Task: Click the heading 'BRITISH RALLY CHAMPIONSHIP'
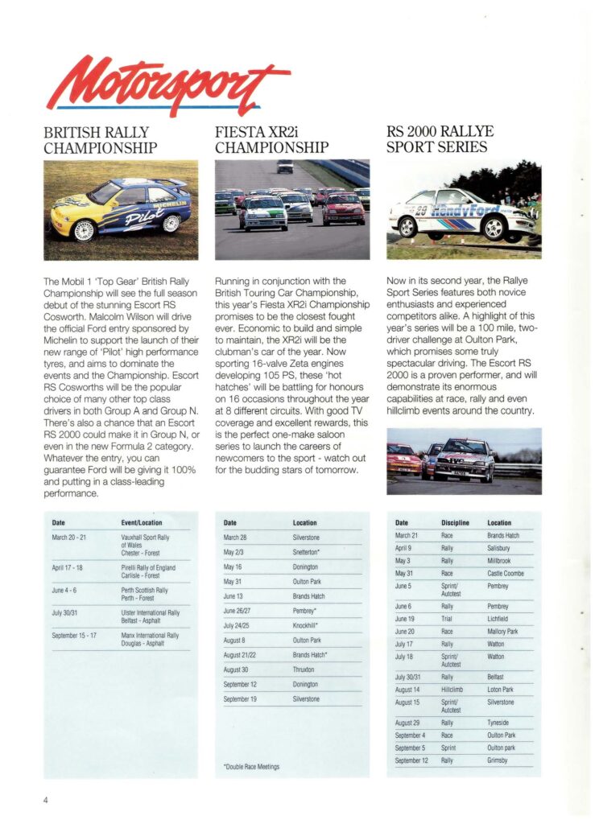(x=101, y=139)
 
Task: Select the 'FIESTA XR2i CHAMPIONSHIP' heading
(x=272, y=139)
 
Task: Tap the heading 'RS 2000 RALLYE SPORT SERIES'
(x=440, y=139)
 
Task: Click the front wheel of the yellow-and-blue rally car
(x=85, y=230)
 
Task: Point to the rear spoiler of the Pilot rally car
(x=171, y=184)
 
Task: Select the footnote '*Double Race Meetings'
(x=250, y=767)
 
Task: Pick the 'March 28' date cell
(x=235, y=537)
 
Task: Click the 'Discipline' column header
(x=455, y=523)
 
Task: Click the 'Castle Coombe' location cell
(x=506, y=573)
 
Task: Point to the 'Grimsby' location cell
(x=499, y=760)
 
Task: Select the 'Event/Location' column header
(x=142, y=523)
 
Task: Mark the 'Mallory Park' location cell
(x=502, y=632)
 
